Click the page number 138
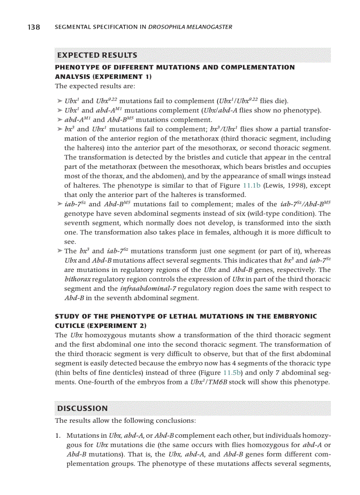coord(33,27)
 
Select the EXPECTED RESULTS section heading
coord(97,55)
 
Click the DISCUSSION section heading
coord(82,408)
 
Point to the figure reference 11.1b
coord(253,186)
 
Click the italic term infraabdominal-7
coord(145,289)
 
